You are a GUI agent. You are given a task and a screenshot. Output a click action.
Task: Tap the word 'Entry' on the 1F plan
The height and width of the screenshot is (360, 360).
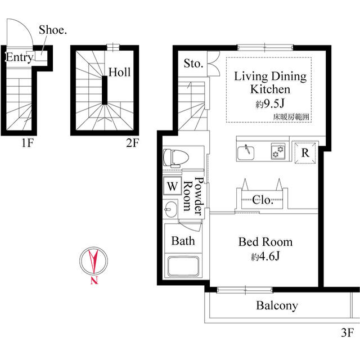pos(18,57)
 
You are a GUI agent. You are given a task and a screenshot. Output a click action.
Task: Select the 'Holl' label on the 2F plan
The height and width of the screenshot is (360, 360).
pos(119,72)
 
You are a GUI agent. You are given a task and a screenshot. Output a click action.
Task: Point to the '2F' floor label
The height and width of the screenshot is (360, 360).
pos(132,143)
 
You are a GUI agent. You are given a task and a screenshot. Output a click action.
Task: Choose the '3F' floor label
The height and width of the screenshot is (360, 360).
pos(346,332)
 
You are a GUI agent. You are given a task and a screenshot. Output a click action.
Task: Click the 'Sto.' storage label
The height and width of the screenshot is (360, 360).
pos(193,64)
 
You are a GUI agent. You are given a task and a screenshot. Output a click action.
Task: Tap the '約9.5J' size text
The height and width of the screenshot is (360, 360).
pos(269,103)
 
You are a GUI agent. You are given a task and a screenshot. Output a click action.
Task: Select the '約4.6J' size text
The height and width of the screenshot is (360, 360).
pos(265,256)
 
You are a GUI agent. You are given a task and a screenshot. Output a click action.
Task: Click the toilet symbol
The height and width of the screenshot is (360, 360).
pos(173,157)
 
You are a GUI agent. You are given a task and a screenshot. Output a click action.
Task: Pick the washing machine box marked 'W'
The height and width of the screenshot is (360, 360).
pos(171,186)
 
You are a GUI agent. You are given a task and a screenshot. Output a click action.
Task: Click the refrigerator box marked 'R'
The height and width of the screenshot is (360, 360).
pos(304,152)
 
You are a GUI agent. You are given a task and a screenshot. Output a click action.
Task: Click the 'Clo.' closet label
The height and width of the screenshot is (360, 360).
pos(263,200)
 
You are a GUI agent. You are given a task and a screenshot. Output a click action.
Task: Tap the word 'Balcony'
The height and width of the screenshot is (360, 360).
pos(277,306)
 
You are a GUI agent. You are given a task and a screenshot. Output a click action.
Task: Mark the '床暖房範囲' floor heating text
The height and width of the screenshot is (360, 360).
pos(291,116)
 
